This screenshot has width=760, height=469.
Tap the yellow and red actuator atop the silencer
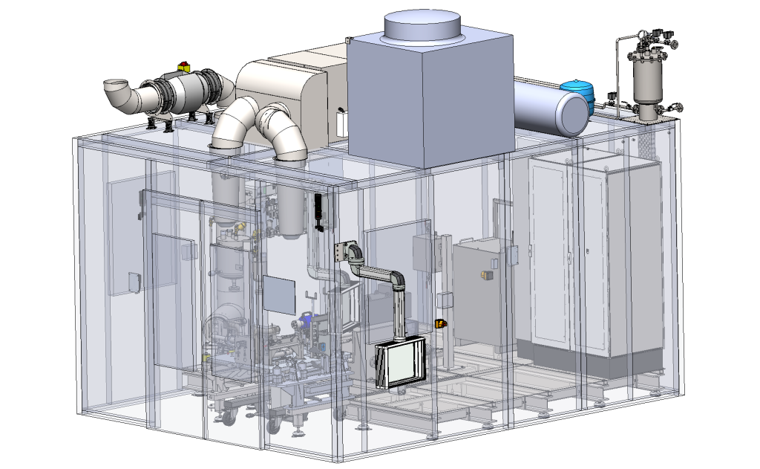(x=183, y=68)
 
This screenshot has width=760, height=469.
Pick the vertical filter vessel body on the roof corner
(x=646, y=82)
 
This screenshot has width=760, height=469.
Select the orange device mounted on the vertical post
(x=440, y=323)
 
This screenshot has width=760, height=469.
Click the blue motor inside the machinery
(x=304, y=320)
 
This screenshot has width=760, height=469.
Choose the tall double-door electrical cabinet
(x=594, y=256)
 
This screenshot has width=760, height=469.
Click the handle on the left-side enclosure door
(x=134, y=282)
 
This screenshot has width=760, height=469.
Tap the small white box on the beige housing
(x=341, y=123)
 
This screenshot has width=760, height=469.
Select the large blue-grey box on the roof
(x=430, y=100)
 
